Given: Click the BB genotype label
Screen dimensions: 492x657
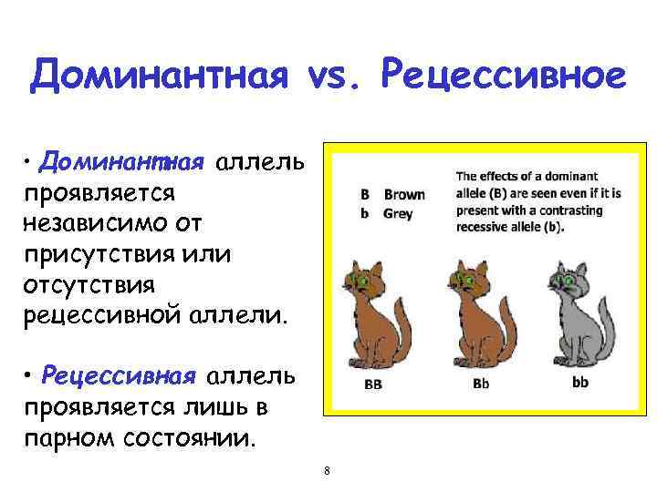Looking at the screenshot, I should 372,384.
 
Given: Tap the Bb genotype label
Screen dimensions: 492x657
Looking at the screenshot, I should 481,384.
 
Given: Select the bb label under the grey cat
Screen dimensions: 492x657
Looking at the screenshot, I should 580,382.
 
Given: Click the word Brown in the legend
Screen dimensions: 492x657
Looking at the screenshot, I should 404,195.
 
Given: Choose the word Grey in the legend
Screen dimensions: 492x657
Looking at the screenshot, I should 399,214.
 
